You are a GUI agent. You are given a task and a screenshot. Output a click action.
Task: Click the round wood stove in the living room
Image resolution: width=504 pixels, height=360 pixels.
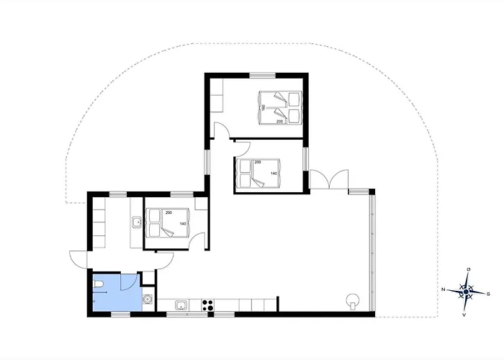click(354, 300)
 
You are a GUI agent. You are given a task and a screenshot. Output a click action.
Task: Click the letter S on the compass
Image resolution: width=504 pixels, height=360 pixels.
click(489, 294)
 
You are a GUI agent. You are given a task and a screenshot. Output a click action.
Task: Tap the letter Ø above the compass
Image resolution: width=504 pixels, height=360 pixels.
click(469, 269)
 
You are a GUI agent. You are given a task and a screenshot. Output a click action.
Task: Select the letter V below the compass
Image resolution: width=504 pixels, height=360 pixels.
click(464, 315)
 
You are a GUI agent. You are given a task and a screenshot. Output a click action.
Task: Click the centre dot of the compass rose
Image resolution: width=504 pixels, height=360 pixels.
click(467, 292)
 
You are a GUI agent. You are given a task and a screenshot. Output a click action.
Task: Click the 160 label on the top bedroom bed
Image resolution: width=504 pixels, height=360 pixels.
click(264, 107)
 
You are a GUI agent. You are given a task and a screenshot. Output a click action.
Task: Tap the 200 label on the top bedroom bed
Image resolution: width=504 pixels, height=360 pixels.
click(280, 122)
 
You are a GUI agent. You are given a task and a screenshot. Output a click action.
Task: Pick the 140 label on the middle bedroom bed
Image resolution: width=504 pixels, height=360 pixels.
click(274, 174)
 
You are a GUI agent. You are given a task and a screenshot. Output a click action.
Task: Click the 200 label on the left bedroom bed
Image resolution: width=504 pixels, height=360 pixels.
click(168, 214)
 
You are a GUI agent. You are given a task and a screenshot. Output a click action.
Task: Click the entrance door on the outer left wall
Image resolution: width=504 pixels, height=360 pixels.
click(78, 257)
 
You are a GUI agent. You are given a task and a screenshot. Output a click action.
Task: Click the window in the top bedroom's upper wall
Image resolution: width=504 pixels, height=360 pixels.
click(264, 74)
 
